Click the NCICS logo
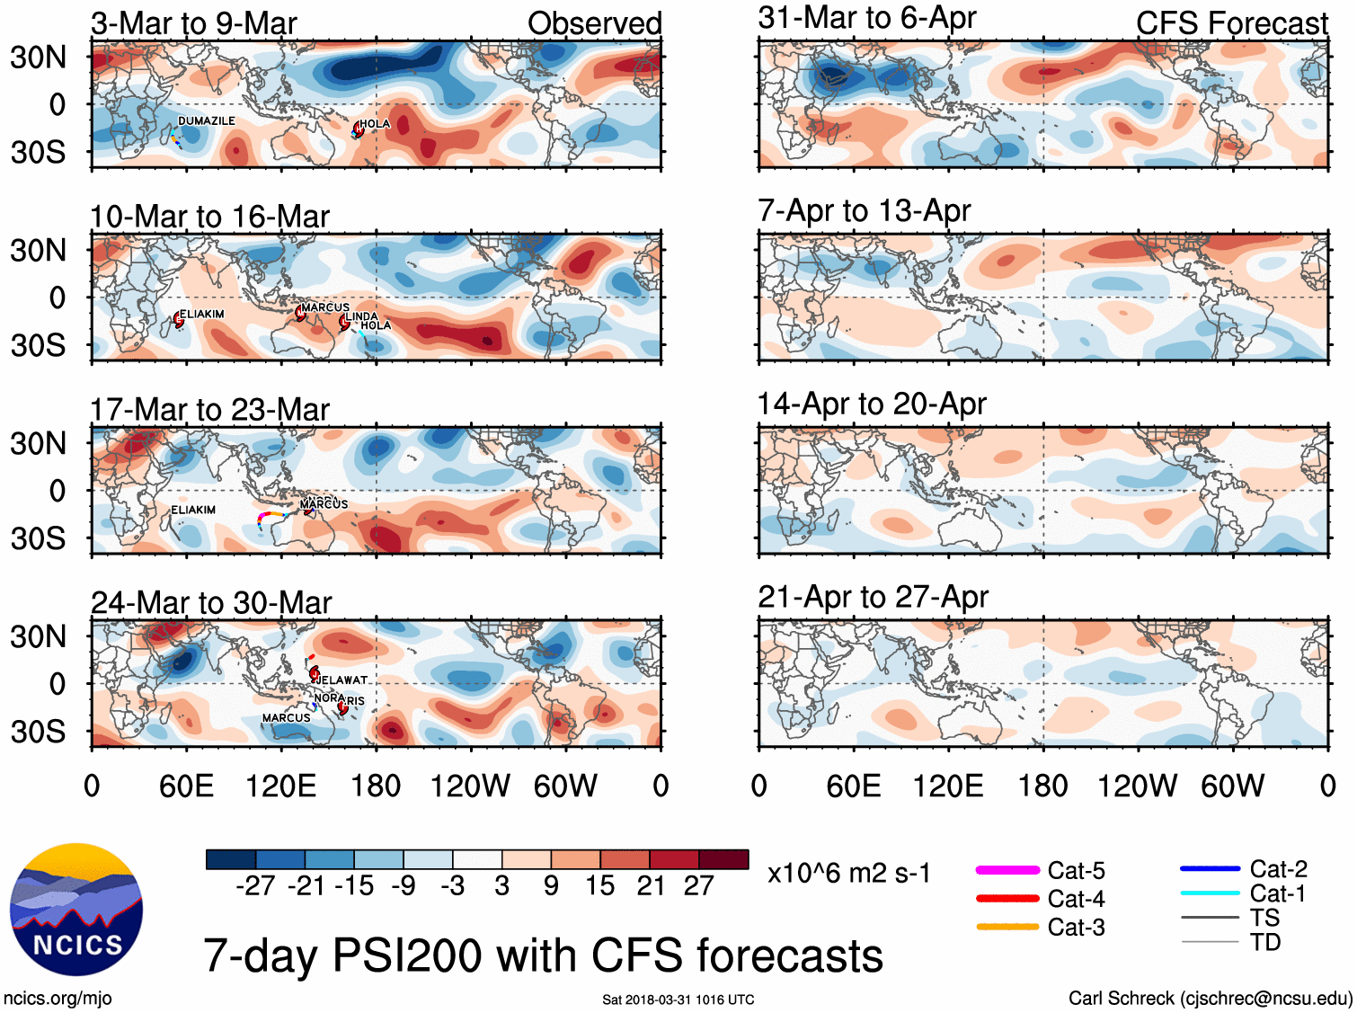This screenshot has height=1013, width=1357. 76,910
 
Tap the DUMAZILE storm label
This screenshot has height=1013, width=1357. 207,120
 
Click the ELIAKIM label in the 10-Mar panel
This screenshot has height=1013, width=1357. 202,314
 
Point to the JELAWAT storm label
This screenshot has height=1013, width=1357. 343,680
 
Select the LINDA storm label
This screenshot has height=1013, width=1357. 362,315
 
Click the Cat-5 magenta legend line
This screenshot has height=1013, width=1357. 1007,870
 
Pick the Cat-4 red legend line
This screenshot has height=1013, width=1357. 1007,898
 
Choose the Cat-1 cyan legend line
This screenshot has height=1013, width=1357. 1210,893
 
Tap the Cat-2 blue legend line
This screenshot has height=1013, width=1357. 1210,869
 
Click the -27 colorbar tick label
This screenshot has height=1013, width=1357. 255,886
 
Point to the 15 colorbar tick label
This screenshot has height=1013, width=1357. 599,886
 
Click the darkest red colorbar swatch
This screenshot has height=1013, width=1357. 723,859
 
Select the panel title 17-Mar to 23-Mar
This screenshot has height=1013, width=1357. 210,410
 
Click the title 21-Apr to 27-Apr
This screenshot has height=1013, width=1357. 873,597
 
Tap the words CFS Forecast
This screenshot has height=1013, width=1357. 1231,23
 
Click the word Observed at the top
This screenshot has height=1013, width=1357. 594,23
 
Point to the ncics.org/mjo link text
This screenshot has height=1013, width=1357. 58,998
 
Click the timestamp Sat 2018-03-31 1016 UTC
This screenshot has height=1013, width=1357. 678,1000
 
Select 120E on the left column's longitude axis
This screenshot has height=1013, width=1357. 281,786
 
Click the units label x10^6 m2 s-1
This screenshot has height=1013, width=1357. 849,874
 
